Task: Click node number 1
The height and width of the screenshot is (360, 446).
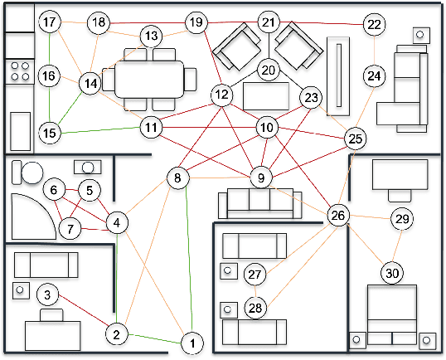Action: (191, 342)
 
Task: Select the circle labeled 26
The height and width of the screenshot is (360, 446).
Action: (337, 216)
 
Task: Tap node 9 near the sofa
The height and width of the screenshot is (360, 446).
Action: (261, 176)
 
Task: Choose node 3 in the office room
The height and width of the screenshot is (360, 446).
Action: (49, 294)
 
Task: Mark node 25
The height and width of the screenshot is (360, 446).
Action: (356, 139)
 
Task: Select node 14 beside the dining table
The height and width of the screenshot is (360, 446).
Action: (90, 83)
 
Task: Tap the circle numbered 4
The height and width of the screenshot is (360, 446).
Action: (117, 222)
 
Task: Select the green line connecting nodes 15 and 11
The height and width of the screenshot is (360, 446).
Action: (99, 129)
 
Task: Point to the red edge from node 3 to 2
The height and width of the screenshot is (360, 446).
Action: (83, 314)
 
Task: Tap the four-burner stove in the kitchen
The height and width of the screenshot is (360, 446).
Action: (19, 71)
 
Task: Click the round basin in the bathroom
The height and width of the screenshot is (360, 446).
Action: (32, 173)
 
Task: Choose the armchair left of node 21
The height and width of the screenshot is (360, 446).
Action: (235, 47)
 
